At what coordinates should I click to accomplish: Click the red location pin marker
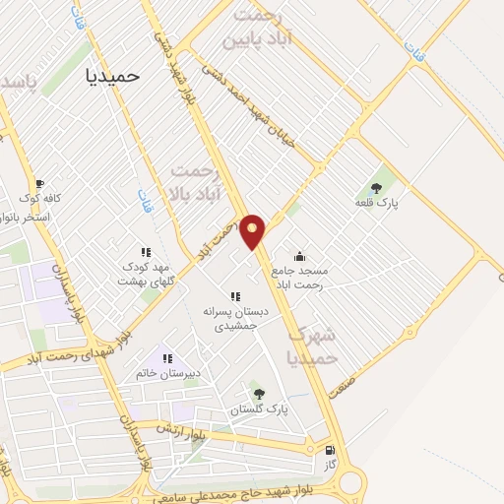pyautogui.click(x=254, y=231)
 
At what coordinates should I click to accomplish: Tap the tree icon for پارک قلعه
pyautogui.click(x=376, y=187)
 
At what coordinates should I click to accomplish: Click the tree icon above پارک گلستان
pyautogui.click(x=259, y=394)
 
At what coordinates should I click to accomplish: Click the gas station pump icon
pyautogui.click(x=329, y=449)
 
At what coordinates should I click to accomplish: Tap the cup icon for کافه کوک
pyautogui.click(x=39, y=183)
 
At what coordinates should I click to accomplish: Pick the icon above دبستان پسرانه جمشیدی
pyautogui.click(x=234, y=296)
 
